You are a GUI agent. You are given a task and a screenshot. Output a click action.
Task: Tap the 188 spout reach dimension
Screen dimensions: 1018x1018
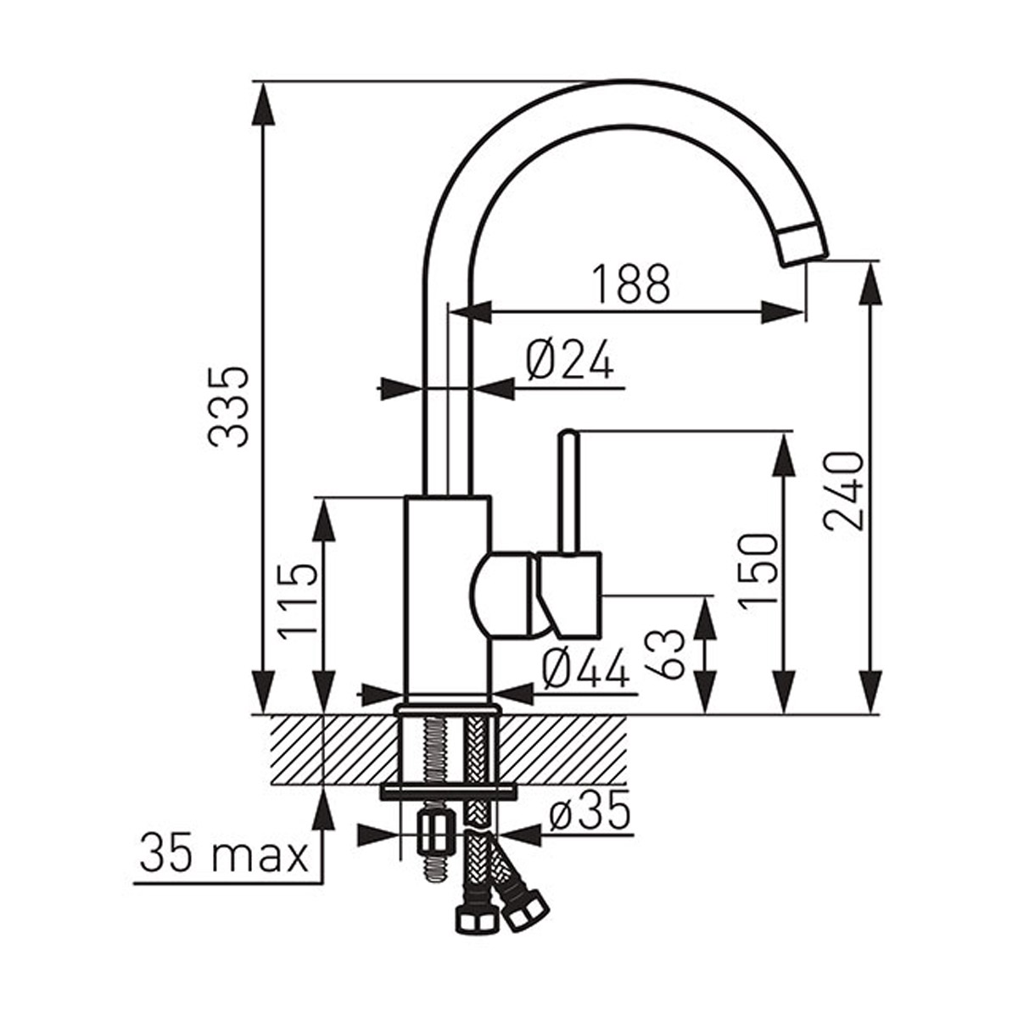pos(630,283)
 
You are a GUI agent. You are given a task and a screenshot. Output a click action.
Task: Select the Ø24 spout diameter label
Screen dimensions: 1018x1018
pos(571,361)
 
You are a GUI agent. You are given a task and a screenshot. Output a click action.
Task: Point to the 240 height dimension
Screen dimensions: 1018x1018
pos(843,484)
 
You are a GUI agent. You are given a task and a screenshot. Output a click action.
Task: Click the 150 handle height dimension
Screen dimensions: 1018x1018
pos(758,572)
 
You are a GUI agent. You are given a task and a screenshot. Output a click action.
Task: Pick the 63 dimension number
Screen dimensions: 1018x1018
pos(670,654)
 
